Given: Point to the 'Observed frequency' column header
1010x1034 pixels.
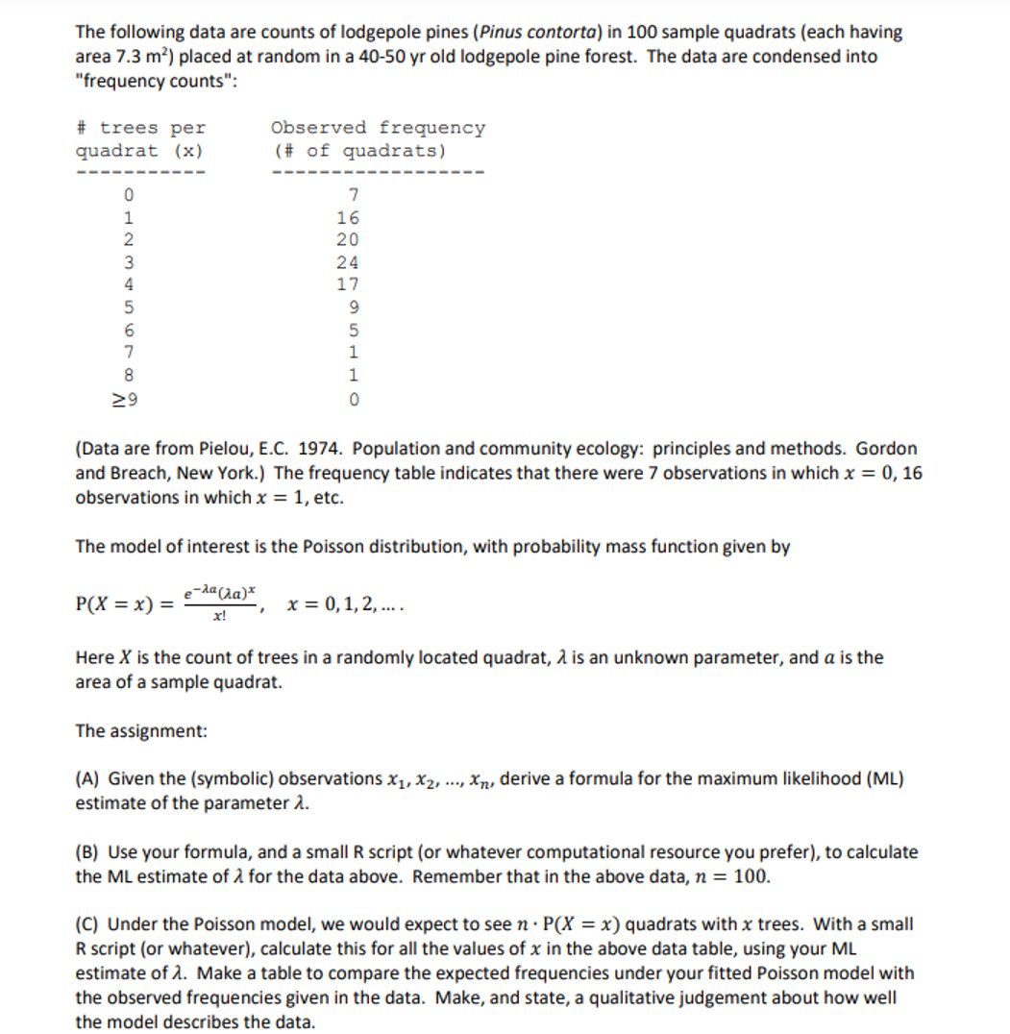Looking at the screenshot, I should click(378, 128).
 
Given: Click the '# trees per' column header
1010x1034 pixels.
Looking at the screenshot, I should click(140, 128).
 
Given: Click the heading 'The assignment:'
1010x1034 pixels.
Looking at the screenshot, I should click(141, 730).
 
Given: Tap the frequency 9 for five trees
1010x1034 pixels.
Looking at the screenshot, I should click(354, 308).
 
